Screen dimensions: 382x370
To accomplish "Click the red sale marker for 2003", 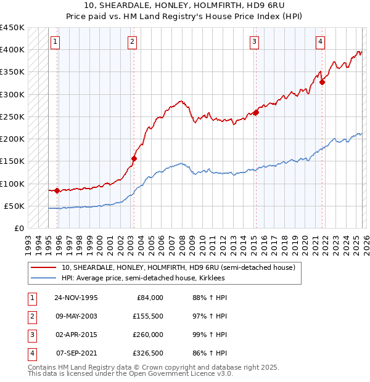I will pos(134,158).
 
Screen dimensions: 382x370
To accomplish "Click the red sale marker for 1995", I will pos(57,190).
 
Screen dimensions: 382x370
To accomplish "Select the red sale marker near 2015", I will pos(256,112).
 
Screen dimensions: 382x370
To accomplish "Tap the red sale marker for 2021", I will pos(322,82).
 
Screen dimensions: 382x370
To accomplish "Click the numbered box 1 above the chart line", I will pos(55,42).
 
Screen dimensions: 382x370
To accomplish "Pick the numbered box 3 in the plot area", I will pos(254,42).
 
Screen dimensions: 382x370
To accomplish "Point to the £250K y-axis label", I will pos(12,116).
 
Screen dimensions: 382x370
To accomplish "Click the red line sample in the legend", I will pos(44,267).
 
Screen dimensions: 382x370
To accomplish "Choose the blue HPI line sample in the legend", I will pos(44,278).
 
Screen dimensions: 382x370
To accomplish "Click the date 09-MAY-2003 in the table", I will pos(76,316).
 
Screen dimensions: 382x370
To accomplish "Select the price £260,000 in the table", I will pos(148,335).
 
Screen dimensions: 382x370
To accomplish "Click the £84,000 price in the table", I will pos(150,298).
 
